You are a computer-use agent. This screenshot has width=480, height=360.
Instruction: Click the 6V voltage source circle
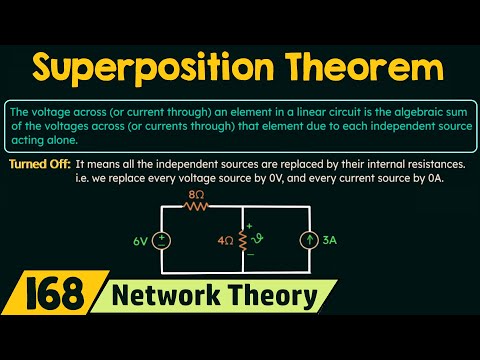[162, 240]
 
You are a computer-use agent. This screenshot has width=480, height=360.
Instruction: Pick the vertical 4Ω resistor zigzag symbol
[243, 240]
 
